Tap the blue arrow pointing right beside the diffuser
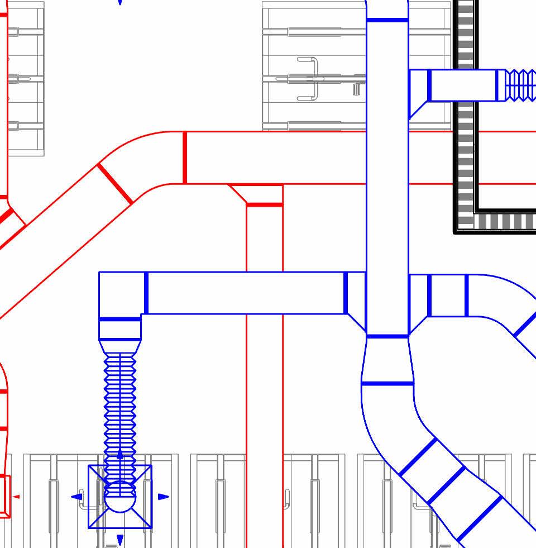[164, 497]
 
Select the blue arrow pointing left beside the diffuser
[76, 497]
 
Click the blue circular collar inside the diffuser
[120, 498]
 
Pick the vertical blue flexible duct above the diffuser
[120, 408]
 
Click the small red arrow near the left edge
[16, 497]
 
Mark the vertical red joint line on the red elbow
[184, 158]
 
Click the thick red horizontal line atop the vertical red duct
[265, 205]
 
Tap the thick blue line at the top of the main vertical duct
[387, 21]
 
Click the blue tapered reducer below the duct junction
[387, 360]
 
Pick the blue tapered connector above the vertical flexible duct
[120, 346]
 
